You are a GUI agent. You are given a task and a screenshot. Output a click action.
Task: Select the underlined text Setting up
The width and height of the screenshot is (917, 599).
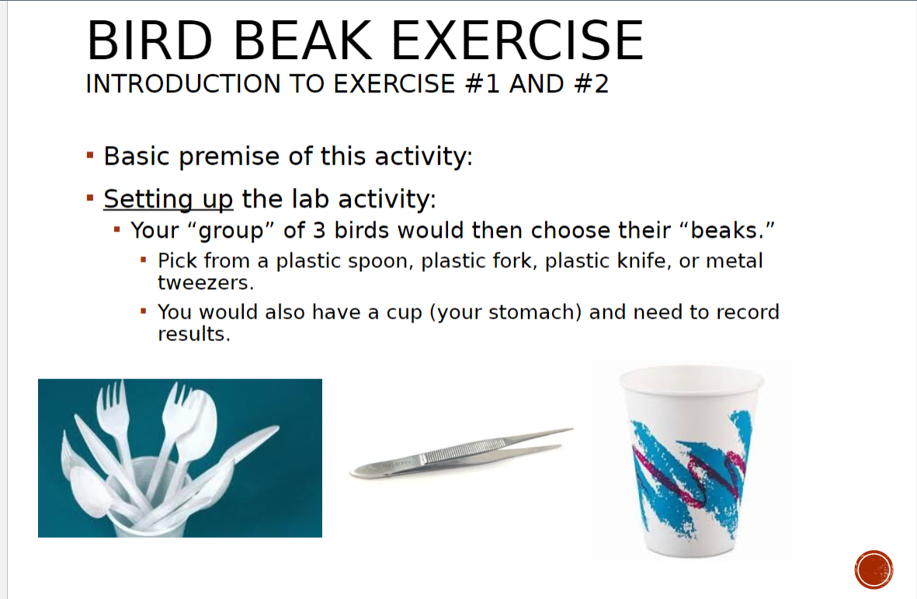click(x=168, y=200)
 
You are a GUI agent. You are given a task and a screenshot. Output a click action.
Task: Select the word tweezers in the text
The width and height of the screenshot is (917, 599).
click(x=206, y=283)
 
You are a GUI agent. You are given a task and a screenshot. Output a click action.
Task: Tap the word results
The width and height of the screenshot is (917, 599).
click(x=194, y=335)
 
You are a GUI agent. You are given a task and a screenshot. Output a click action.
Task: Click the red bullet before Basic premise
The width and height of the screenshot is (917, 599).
click(x=90, y=157)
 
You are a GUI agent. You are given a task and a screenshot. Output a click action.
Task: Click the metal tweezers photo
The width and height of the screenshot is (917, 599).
click(x=462, y=453)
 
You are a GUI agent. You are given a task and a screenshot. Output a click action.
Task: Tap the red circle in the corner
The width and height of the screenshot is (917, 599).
click(x=874, y=569)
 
